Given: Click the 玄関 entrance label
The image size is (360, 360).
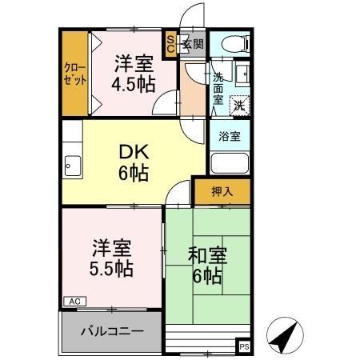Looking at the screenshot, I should [193, 44].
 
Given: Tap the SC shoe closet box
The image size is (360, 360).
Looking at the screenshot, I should [170, 44].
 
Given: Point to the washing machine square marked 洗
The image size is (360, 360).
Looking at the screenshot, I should [239, 104].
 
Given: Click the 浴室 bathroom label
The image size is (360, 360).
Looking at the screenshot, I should [230, 136].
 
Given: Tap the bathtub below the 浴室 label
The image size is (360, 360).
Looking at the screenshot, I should [230, 162].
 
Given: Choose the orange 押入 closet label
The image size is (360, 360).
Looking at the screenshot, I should [222, 192].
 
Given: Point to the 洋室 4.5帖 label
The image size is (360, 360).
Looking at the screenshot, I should [132, 74].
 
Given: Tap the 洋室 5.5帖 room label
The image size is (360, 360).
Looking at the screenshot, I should [110, 256].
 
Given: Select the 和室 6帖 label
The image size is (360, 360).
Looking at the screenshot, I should [207, 266].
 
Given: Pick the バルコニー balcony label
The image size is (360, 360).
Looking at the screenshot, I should [112, 330].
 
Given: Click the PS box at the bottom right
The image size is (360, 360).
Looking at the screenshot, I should [243, 346].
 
